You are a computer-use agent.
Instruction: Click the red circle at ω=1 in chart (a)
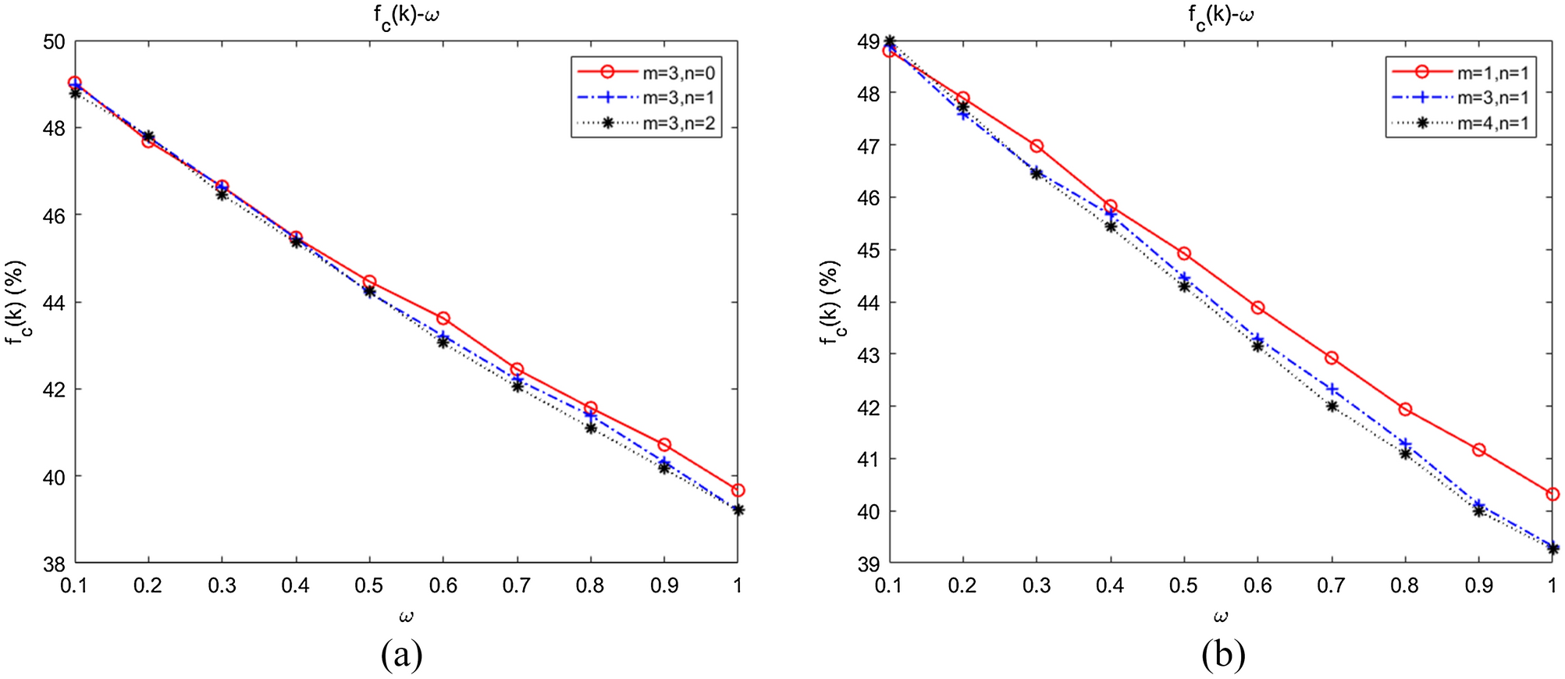pos(738,490)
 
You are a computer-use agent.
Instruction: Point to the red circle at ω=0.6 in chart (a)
pos(443,318)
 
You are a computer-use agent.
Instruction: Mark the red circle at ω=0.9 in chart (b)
pos(1478,450)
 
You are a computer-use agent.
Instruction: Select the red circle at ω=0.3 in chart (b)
pos(1037,146)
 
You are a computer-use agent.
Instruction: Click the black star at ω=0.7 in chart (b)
pos(1332,406)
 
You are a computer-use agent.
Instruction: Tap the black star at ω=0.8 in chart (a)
pos(591,428)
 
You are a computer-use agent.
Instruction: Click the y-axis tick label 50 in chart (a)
pos(54,41)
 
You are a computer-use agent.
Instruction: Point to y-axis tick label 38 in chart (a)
pos(54,563)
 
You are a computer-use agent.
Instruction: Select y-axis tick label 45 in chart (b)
pos(868,251)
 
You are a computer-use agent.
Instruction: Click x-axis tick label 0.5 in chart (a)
pos(369,585)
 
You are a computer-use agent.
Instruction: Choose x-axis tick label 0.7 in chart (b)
pos(1331,585)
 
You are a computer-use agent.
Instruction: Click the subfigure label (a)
pos(401,654)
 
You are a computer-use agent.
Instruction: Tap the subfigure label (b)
pos(1222,654)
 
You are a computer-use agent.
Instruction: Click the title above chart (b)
pos(1221,16)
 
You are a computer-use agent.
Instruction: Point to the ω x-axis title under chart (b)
pos(1221,617)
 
